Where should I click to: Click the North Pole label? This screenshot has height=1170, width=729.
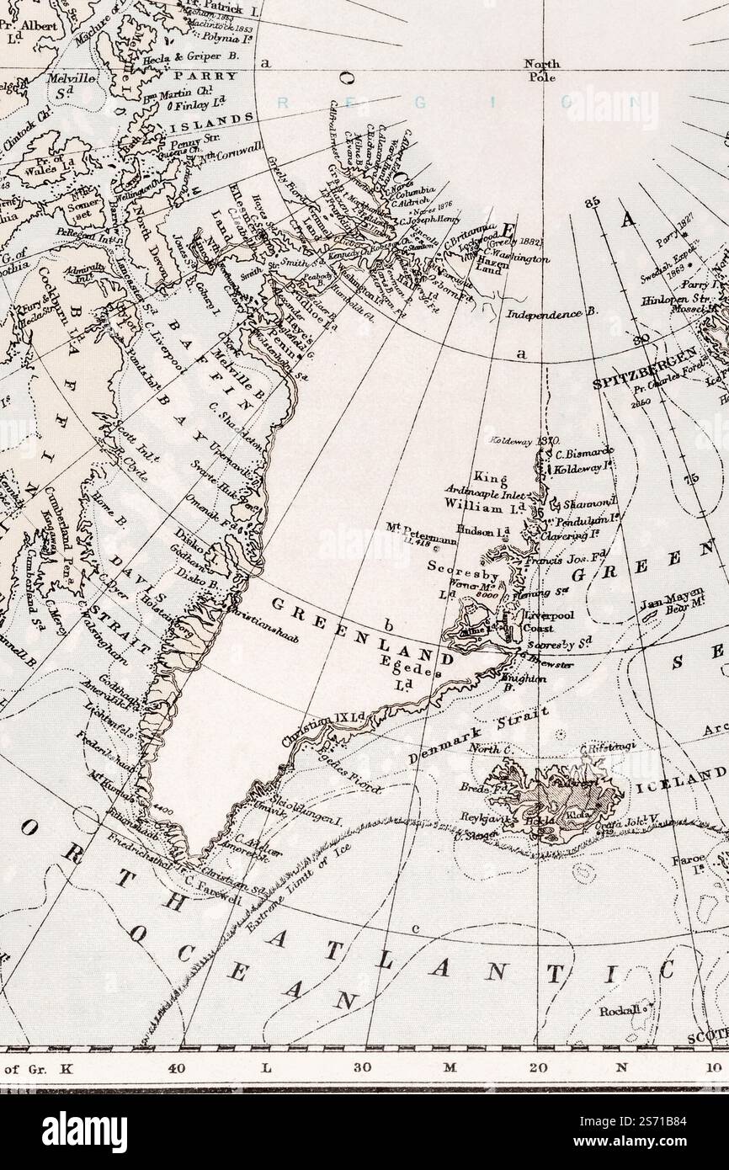(541, 69)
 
